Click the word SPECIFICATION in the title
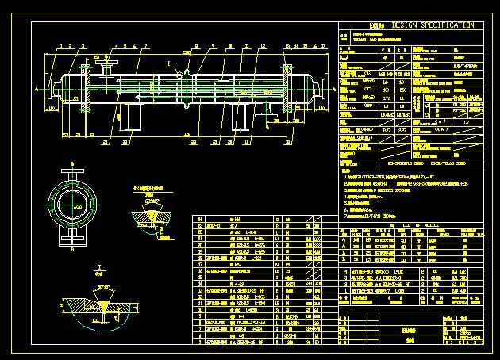tap(442, 25)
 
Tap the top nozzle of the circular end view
tap(74, 174)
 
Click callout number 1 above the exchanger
tap(61, 47)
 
